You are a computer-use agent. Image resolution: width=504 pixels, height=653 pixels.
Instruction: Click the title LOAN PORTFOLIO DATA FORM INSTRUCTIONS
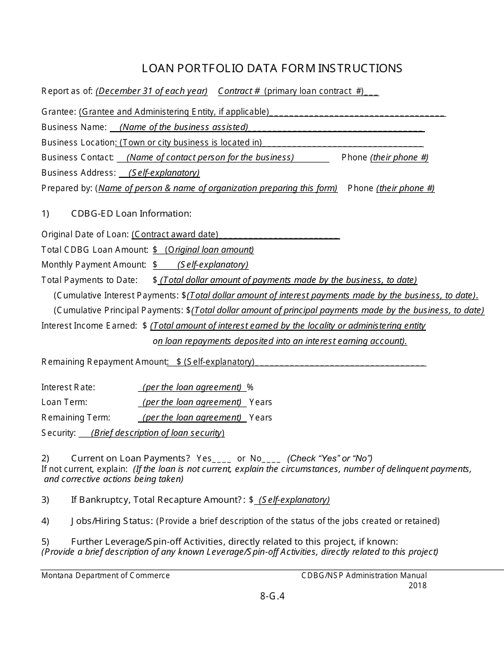[272, 68]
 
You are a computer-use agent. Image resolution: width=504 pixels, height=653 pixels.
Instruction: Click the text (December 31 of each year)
[152, 91]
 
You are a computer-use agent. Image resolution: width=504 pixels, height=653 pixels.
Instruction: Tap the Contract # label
[239, 91]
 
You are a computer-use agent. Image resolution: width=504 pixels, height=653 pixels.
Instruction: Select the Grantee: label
[59, 111]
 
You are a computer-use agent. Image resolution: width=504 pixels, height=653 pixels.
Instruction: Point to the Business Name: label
[74, 127]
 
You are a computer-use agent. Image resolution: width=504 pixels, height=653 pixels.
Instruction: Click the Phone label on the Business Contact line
[354, 157]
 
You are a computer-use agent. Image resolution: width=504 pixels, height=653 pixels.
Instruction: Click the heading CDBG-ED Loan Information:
[131, 213]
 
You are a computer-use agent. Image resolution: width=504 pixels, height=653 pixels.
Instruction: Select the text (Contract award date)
[175, 234]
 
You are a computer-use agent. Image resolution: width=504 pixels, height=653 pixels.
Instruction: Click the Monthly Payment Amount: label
[94, 264]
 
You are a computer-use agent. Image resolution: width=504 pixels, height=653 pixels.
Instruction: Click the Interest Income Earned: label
[89, 325]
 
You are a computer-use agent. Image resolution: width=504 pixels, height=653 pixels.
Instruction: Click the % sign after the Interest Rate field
[250, 387]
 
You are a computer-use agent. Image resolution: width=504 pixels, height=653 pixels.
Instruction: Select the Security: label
[59, 433]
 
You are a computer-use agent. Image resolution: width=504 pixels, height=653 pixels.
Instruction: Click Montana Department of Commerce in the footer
[106, 575]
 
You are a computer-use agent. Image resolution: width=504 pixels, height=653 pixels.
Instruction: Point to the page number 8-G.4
[273, 596]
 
